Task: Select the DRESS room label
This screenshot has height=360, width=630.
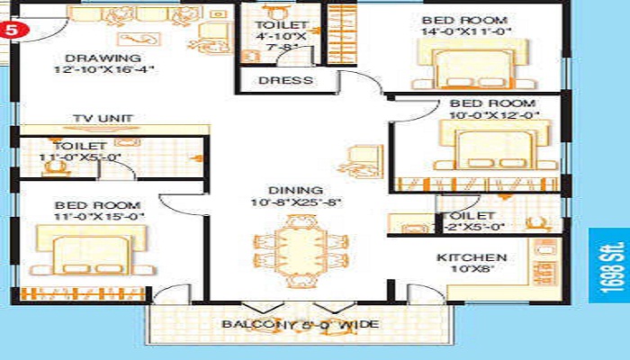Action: pos(285,81)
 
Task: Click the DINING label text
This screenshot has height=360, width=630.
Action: pos(295,190)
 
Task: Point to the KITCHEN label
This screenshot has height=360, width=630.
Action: pos(472,258)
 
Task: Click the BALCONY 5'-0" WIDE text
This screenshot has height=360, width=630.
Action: pos(301,324)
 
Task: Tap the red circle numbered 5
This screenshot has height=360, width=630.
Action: pos(10,27)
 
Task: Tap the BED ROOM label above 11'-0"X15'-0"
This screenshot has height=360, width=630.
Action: pos(85,205)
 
